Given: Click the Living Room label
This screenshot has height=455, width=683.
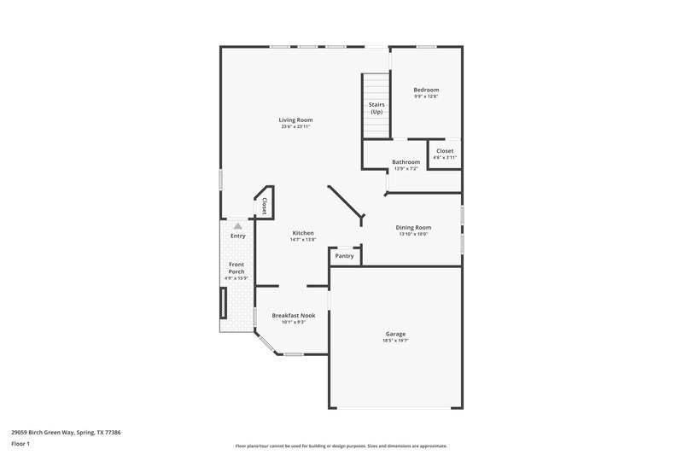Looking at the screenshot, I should [x=295, y=120].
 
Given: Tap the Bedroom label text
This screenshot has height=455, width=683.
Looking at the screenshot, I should [x=426, y=90].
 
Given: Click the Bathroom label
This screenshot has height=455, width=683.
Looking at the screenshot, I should [x=406, y=162].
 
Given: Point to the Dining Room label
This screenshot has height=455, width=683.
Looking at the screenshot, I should [x=413, y=227].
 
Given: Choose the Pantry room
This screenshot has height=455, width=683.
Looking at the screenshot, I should [x=345, y=256].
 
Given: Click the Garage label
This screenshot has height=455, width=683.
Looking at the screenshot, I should [x=395, y=334].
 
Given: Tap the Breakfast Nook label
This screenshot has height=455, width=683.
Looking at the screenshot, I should [x=294, y=315].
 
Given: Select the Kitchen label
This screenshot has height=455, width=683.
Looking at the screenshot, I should [x=303, y=233].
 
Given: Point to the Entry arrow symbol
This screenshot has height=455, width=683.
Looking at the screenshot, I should [x=238, y=226].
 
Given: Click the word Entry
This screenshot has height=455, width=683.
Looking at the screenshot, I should [x=237, y=236].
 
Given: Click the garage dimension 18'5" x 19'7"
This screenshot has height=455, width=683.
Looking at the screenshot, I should [x=395, y=341].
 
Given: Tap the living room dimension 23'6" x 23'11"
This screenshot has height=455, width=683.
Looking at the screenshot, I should [x=295, y=126].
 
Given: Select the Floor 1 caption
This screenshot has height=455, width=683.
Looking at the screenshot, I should [x=21, y=444].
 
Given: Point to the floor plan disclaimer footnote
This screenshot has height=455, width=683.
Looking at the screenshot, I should [x=341, y=446].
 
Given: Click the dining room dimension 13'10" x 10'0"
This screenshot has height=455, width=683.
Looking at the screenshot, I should [x=413, y=234].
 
